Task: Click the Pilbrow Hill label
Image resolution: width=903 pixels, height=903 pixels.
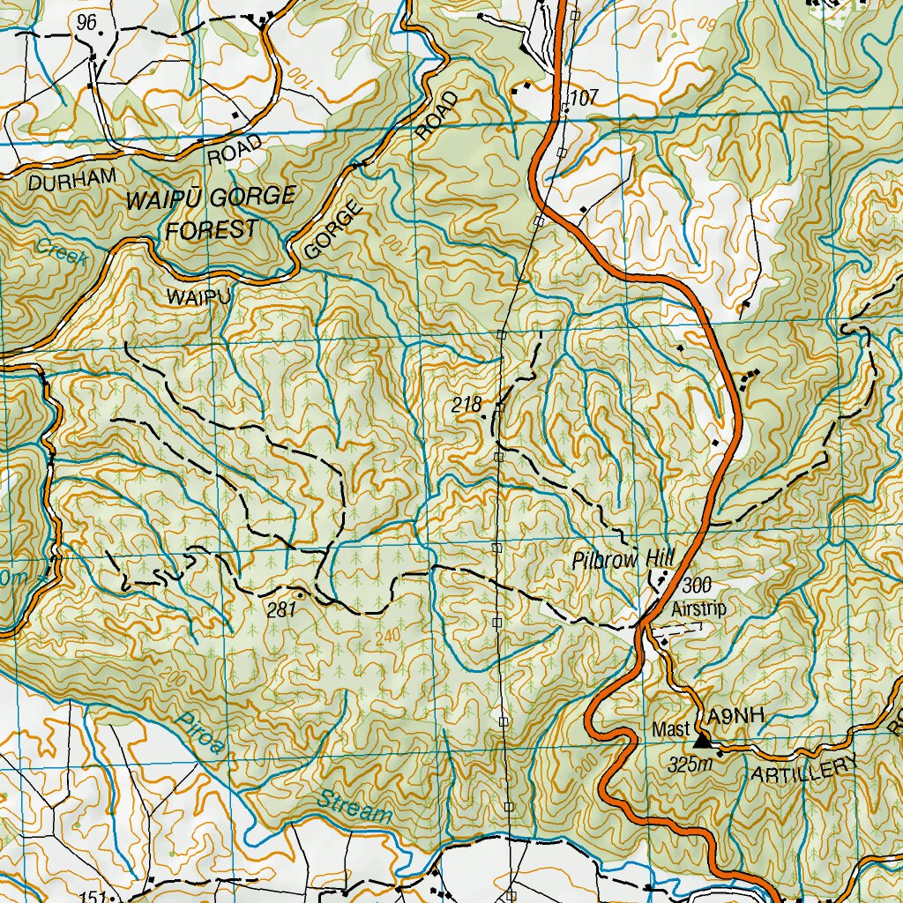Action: pos(623,559)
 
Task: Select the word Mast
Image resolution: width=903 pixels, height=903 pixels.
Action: pos(669,730)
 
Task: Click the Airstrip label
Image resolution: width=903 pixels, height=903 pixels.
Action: pos(697,608)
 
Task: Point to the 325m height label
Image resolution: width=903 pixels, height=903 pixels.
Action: pos(689,763)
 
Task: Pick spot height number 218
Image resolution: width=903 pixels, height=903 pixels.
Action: pos(466,405)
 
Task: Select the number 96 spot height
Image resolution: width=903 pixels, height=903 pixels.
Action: pos(86,23)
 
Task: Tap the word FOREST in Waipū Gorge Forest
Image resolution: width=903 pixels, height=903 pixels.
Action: pos(213,230)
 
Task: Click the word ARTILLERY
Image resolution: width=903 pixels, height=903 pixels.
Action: pos(804,770)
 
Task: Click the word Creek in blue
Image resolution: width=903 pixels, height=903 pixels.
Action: pos(62,254)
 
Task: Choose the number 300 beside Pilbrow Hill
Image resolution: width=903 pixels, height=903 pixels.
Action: pos(696,584)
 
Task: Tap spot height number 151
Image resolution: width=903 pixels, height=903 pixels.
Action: pos(92,897)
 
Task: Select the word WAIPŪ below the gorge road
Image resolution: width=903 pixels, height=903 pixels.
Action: pos(198,298)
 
